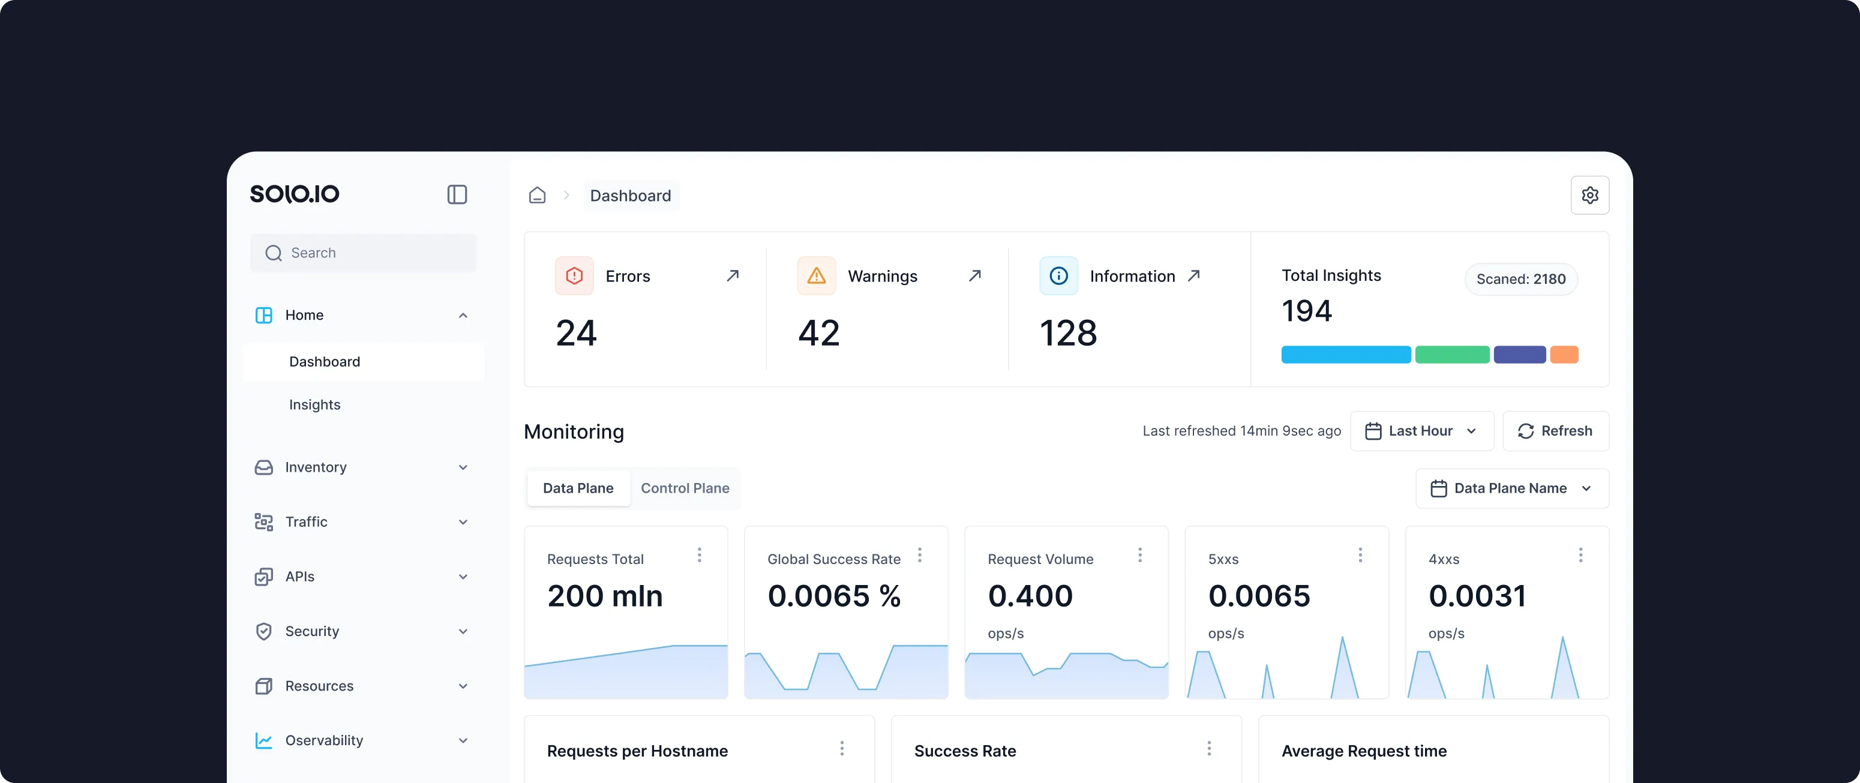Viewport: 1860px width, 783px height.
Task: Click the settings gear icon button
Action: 1589,195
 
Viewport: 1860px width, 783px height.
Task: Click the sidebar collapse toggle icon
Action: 457,194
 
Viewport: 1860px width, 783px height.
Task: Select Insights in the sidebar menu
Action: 315,404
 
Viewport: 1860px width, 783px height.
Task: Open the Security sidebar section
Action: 312,631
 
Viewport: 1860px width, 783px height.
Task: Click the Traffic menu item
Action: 306,521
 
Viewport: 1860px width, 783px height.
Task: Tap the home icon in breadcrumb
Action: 537,196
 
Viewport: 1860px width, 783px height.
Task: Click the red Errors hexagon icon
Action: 574,275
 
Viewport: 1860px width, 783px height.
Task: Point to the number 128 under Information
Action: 1068,334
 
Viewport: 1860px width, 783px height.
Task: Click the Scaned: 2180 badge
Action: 1520,279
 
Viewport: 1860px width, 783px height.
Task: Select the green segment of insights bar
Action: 1451,355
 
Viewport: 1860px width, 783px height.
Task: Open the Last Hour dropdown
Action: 1421,431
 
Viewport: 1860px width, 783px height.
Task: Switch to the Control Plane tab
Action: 685,488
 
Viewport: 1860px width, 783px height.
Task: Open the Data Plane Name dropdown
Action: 1511,488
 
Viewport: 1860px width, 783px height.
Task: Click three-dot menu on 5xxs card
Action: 1360,555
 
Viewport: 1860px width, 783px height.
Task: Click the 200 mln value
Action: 604,596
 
